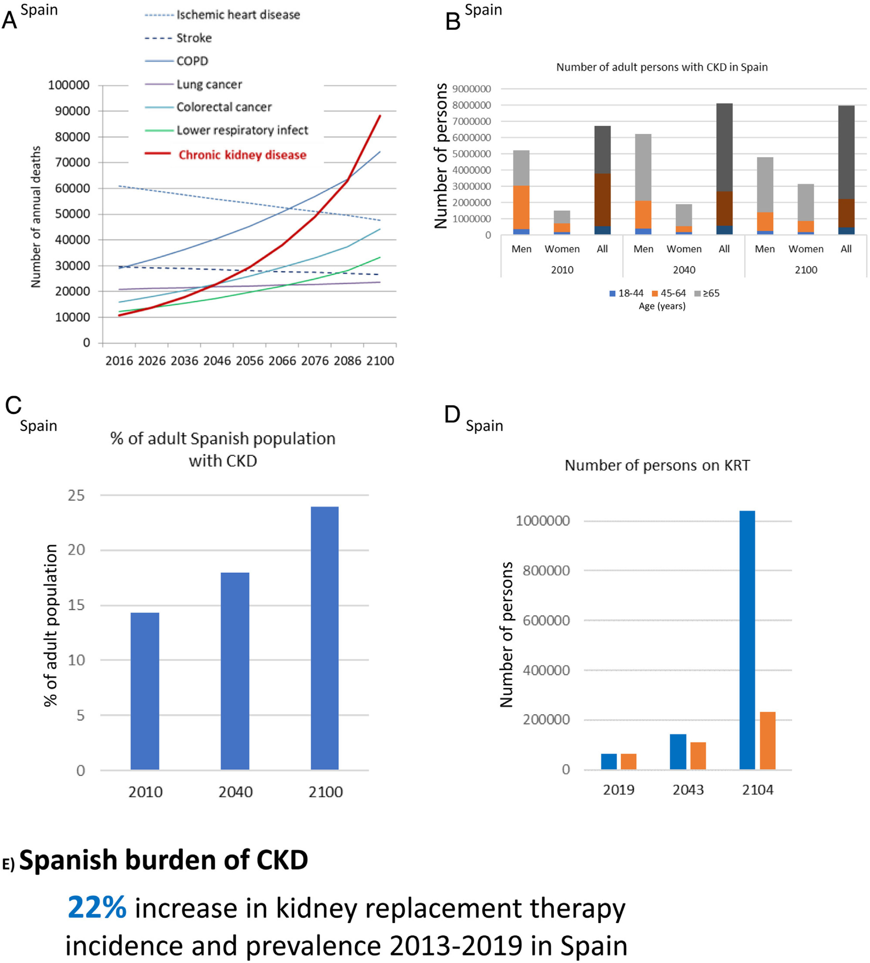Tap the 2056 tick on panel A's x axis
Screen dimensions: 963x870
click(250, 361)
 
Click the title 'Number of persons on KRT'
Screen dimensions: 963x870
click(657, 465)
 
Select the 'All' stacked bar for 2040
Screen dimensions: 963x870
click(724, 169)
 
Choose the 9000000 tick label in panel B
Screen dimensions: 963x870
click(471, 89)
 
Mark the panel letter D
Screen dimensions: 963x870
click(452, 415)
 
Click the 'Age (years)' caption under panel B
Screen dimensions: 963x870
click(662, 306)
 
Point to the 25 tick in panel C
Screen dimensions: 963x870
click(76, 495)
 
